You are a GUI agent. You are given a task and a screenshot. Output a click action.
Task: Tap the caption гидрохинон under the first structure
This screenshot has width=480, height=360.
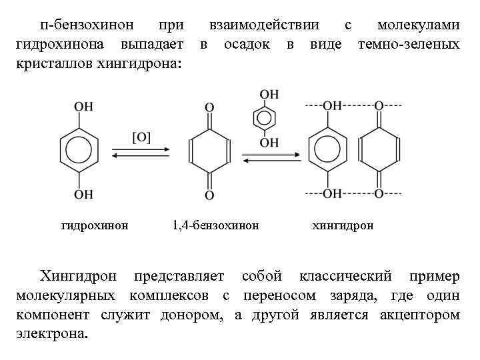pyautogui.click(x=95, y=225)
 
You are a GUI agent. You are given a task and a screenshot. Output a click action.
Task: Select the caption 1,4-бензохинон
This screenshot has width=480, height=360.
pyautogui.click(x=215, y=225)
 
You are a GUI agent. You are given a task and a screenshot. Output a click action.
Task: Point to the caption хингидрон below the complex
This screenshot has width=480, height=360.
pyautogui.click(x=343, y=225)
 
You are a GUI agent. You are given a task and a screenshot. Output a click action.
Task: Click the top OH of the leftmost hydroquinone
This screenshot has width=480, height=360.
pyautogui.click(x=83, y=107)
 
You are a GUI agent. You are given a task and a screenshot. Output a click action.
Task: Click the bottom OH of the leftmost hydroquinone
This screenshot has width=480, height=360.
pyautogui.click(x=83, y=194)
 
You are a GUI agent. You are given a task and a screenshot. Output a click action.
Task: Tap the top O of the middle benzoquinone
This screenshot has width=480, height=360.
pyautogui.click(x=209, y=107)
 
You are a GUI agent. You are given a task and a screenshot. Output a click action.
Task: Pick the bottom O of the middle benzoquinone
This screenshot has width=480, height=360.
pyautogui.click(x=209, y=195)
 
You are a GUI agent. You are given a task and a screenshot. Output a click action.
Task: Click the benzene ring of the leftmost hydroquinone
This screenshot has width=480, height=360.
pyautogui.click(x=79, y=151)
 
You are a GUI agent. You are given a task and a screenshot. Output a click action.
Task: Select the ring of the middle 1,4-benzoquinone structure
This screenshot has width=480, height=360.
pyautogui.click(x=209, y=151)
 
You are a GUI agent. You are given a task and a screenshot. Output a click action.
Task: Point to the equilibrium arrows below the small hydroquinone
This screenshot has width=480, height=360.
pyautogui.click(x=265, y=157)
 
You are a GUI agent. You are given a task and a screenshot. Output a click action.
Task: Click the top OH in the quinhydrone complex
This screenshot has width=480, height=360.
pyautogui.click(x=331, y=106)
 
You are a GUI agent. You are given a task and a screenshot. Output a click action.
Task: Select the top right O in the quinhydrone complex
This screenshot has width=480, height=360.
pyautogui.click(x=379, y=106)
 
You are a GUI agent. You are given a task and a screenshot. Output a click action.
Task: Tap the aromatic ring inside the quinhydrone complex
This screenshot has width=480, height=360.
pyautogui.click(x=327, y=150)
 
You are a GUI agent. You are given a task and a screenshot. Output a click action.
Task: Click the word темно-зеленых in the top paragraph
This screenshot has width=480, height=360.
pyautogui.click(x=408, y=45)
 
